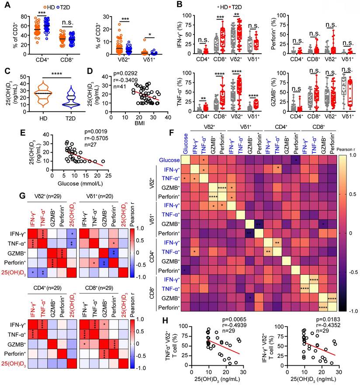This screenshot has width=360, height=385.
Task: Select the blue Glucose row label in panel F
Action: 169,160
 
